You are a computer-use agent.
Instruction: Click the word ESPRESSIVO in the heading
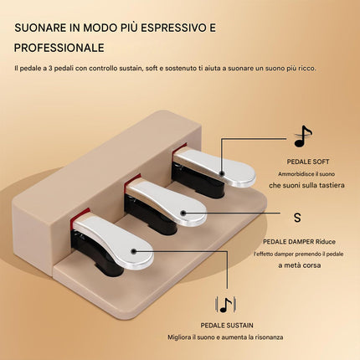click(x=171, y=28)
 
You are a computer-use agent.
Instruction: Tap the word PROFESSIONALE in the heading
click(x=59, y=48)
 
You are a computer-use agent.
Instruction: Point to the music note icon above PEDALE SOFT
click(x=302, y=136)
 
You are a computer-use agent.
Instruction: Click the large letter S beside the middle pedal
click(x=297, y=218)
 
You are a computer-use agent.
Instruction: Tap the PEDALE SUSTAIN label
click(x=227, y=326)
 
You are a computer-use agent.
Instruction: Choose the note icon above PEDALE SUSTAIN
click(x=226, y=305)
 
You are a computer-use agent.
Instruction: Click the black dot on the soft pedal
click(x=222, y=173)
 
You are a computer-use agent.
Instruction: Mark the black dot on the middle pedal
click(x=183, y=213)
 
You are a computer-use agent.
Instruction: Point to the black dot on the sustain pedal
click(x=134, y=251)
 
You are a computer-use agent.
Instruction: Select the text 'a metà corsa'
click(x=300, y=265)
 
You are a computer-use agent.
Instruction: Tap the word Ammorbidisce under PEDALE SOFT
click(x=295, y=174)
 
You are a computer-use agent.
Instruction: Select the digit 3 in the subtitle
click(x=50, y=69)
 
